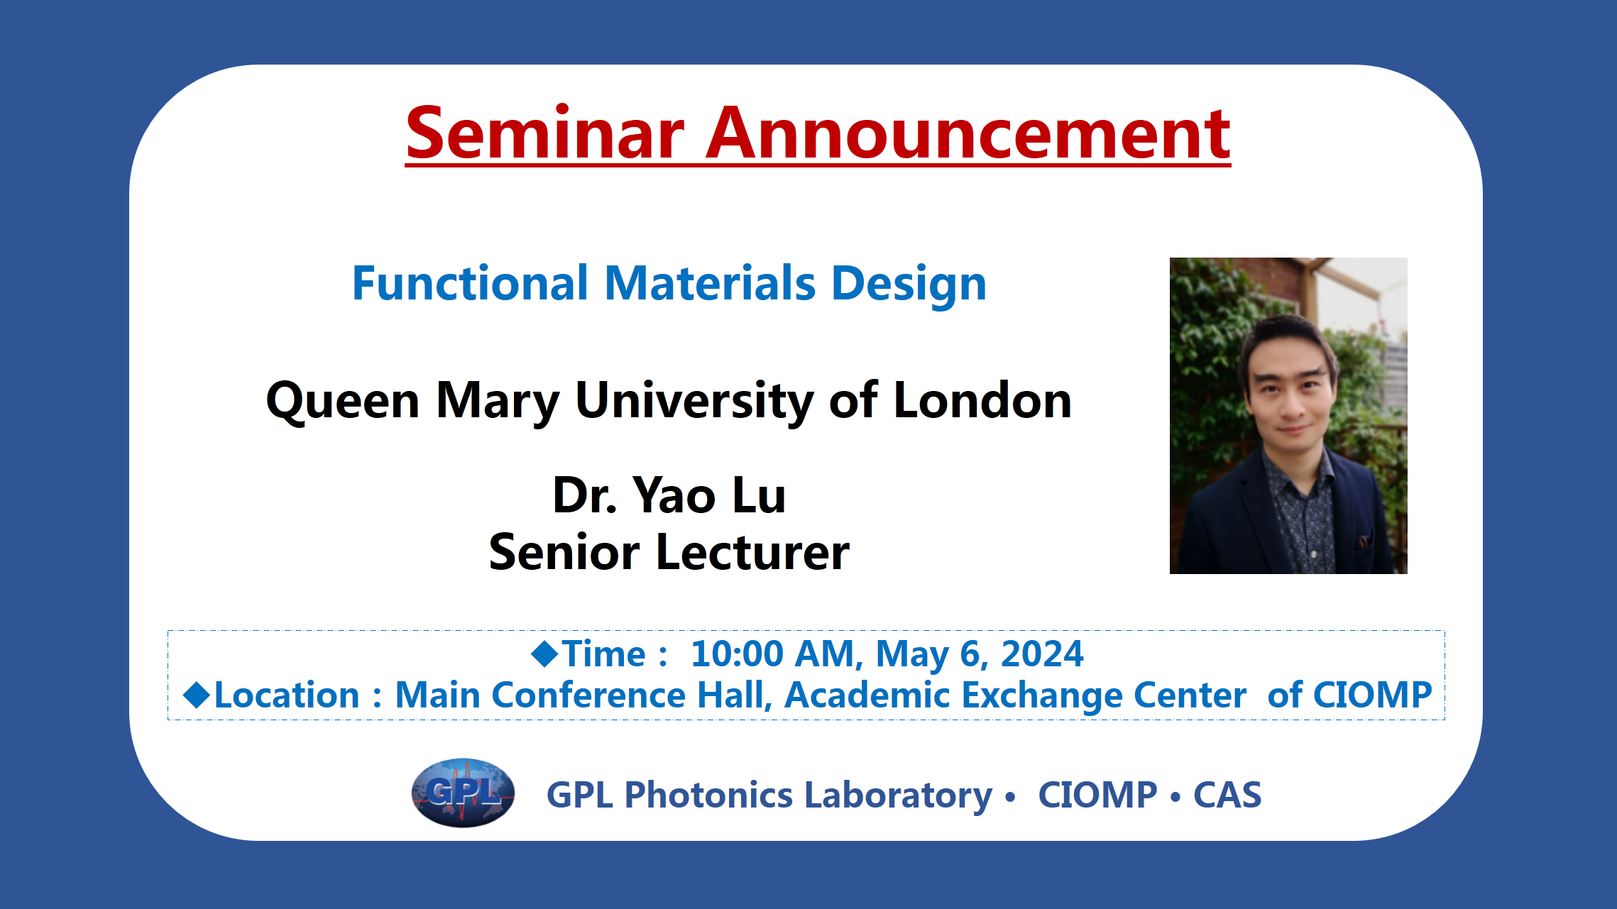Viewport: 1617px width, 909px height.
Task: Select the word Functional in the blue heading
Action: point(470,283)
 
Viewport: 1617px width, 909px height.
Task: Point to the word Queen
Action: point(342,401)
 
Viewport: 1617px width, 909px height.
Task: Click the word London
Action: point(982,400)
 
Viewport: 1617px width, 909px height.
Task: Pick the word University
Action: point(694,402)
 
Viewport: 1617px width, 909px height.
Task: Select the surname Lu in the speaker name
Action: point(759,495)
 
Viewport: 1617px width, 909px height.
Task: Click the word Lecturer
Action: point(752,552)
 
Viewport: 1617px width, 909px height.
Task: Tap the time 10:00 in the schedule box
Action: point(737,654)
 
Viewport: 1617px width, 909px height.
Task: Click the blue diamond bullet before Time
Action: point(545,654)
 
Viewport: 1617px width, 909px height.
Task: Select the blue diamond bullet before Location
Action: point(197,695)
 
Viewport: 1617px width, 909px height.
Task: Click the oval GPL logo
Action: point(463,793)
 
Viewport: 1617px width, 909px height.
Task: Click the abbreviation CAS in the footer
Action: point(1227,795)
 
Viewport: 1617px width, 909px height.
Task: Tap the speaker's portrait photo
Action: point(1288,416)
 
